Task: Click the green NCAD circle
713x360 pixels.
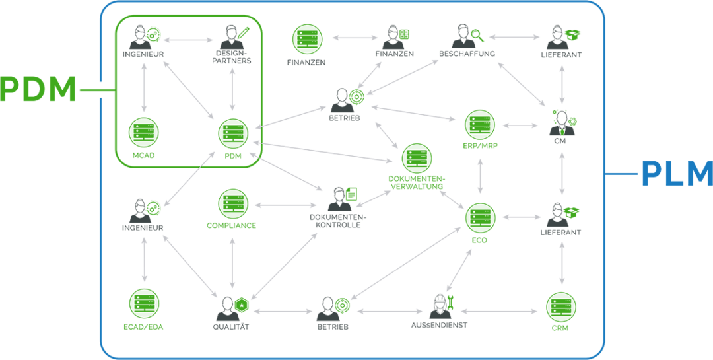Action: point(144,133)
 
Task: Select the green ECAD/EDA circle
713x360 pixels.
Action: point(144,303)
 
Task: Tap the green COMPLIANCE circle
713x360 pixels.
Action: point(233,203)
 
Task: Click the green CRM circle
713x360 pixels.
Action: point(561,306)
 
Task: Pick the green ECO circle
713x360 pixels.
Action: point(480,217)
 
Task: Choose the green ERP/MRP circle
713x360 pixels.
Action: point(480,124)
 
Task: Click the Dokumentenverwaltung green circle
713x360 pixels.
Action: point(417,158)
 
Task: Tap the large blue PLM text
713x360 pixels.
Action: point(677,174)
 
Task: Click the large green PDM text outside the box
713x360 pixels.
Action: point(38,90)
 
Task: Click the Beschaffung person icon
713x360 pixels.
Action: point(463,36)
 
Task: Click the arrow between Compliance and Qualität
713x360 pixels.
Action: point(232,260)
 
